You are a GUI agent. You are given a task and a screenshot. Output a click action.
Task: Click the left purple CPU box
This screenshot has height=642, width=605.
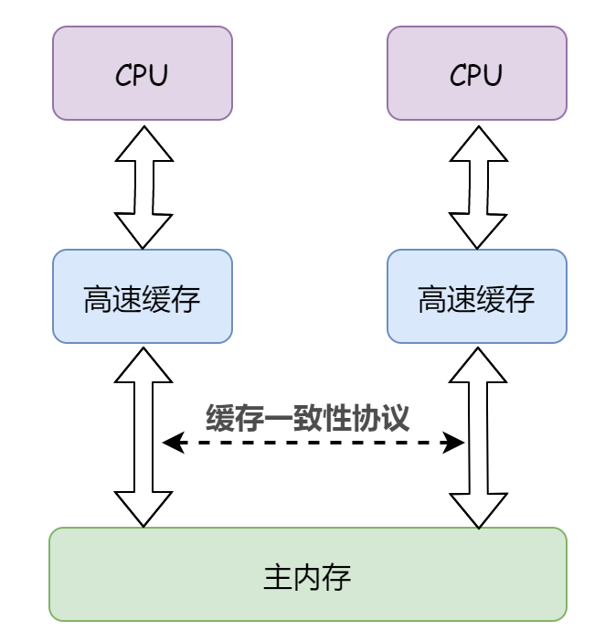143,73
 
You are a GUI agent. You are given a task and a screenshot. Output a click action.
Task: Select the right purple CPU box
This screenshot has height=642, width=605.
477,73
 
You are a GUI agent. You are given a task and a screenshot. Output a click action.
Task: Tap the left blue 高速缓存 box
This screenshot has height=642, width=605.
143,296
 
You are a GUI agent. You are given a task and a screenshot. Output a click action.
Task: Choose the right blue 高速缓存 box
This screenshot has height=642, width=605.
477,296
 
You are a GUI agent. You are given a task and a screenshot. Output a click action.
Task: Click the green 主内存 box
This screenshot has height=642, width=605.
308,574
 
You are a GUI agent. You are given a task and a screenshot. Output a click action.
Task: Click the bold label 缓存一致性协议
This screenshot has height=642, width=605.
307,418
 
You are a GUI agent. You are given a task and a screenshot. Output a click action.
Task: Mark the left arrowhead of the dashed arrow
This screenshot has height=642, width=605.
170,443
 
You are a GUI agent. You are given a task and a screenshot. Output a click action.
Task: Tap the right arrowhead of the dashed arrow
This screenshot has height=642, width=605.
457,443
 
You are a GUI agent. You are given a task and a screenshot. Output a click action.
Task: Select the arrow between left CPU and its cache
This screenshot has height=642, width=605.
143,187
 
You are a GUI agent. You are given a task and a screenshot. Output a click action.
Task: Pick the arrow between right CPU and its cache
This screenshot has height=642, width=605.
477,187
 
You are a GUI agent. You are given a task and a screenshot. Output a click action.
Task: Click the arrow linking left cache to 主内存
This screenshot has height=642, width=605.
143,436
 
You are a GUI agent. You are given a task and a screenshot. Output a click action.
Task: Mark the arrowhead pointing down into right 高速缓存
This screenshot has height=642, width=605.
477,232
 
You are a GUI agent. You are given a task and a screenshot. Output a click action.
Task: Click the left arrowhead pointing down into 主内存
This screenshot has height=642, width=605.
143,510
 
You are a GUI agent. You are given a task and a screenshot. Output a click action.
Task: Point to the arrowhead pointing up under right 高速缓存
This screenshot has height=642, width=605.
477,362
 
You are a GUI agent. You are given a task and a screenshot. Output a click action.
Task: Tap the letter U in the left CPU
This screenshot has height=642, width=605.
159,75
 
